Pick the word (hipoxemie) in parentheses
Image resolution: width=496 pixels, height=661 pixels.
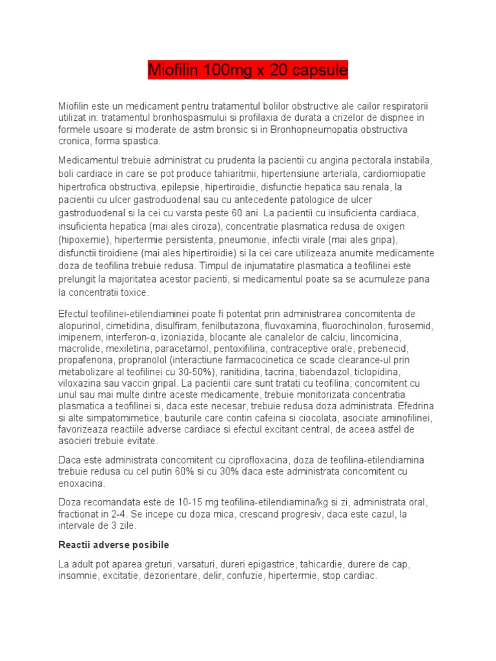point(83,239)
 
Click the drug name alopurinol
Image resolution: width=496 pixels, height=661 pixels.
point(83,326)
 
